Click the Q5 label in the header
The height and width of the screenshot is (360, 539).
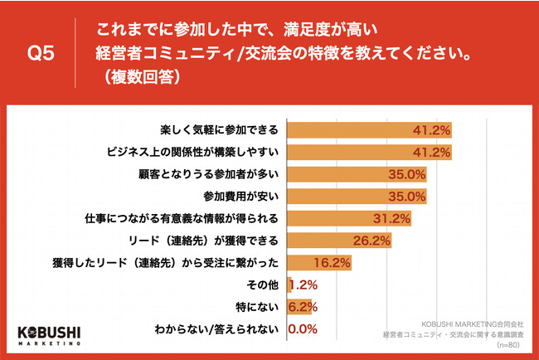[x=41, y=55]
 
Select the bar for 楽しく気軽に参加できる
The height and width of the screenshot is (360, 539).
[x=369, y=130]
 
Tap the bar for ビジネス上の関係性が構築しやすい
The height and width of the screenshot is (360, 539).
[x=369, y=153]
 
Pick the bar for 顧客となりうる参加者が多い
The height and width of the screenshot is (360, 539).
[x=357, y=174]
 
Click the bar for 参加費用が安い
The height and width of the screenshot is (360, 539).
[x=357, y=197]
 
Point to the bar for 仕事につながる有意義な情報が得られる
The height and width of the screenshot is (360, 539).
[x=349, y=219]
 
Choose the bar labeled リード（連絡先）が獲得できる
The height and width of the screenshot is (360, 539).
[x=339, y=241]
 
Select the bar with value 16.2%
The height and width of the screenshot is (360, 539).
[x=319, y=263]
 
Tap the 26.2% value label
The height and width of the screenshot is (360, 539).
[x=373, y=241]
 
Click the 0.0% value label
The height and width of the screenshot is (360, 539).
[x=303, y=329]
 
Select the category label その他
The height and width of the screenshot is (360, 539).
[x=264, y=285]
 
